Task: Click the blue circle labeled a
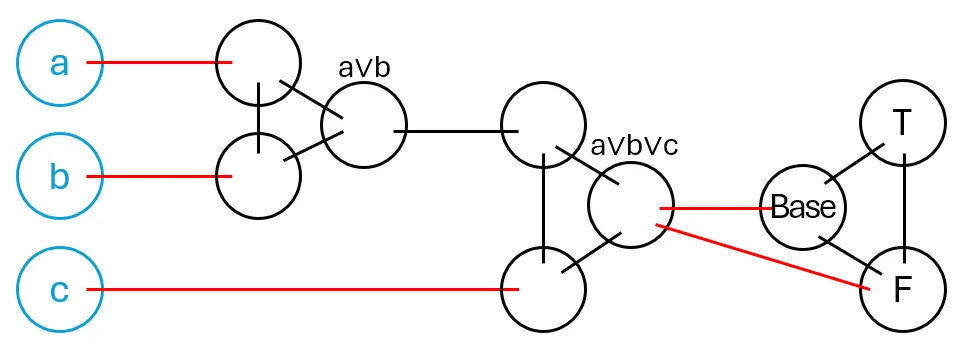pyautogui.click(x=59, y=64)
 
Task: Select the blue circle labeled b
pyautogui.click(x=59, y=177)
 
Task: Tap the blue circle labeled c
pyautogui.click(x=59, y=290)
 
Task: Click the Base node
pyautogui.click(x=803, y=208)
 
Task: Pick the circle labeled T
pyautogui.click(x=903, y=123)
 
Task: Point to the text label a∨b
pyautogui.click(x=364, y=68)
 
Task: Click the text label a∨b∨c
pyautogui.click(x=634, y=145)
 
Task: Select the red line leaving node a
pyautogui.click(x=160, y=64)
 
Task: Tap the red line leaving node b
pyautogui.click(x=160, y=177)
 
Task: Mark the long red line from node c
pyautogui.click(x=300, y=290)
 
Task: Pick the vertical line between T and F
pyautogui.click(x=904, y=205)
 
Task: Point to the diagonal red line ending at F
pyautogui.click(x=760, y=256)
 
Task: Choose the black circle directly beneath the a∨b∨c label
pyautogui.click(x=630, y=205)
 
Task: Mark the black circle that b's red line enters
pyautogui.click(x=259, y=177)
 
